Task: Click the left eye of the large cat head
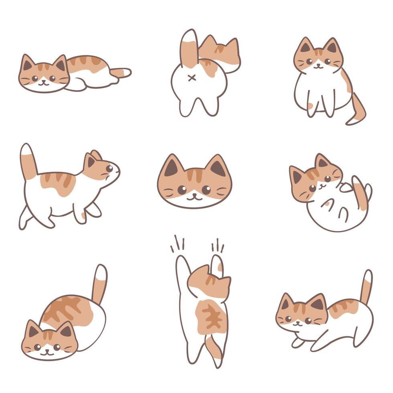[x=182, y=190]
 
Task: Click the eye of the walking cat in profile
[x=109, y=168]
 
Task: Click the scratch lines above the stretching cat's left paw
[x=177, y=244]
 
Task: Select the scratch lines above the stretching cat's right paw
[x=217, y=245]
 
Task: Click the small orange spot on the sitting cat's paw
[x=311, y=106]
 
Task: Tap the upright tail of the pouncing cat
[x=366, y=286]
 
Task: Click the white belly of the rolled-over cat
[x=335, y=213]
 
